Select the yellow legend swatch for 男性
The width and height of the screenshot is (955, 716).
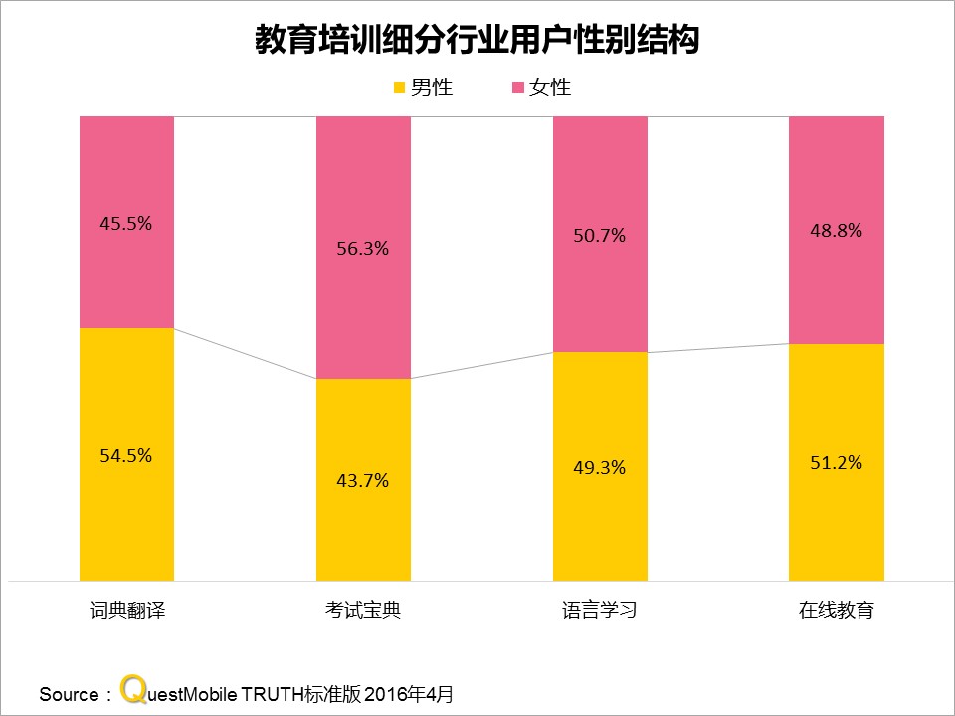401,88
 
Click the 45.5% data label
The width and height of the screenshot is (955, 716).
126,223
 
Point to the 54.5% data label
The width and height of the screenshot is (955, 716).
126,455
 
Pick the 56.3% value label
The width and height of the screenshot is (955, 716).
363,249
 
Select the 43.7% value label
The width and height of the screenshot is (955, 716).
363,480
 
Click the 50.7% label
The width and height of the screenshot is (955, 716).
600,236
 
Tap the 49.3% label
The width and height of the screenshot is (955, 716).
600,467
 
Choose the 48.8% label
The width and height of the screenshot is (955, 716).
837,230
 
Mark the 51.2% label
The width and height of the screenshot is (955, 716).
837,462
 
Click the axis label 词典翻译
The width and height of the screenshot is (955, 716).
126,610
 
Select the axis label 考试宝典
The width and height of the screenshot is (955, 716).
363,610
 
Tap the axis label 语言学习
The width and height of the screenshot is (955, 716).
600,610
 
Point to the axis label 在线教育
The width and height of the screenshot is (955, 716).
837,610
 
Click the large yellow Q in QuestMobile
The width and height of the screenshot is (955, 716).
131,690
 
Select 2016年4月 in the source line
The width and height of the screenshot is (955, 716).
416,694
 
